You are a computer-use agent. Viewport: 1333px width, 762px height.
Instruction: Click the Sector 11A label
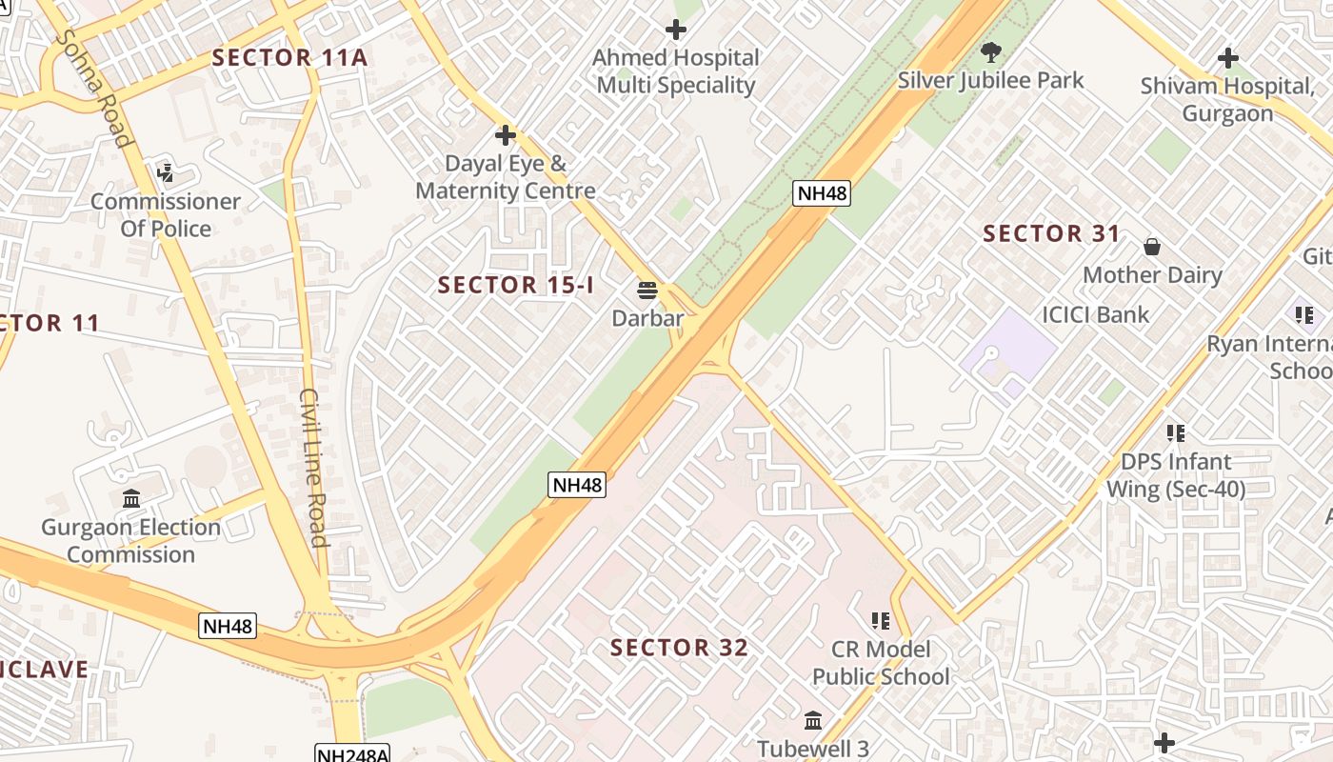[289, 57]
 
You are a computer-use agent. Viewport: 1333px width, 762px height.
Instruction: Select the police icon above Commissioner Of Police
[166, 173]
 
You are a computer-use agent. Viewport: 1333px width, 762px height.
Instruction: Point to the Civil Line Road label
[313, 467]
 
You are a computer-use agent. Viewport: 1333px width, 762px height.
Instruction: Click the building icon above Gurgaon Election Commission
[131, 498]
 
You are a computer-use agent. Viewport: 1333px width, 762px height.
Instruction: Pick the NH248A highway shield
[352, 754]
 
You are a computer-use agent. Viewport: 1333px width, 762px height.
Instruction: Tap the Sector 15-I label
[515, 284]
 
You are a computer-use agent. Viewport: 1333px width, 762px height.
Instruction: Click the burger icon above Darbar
[648, 290]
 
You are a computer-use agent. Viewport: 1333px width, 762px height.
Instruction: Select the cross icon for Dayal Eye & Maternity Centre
[506, 135]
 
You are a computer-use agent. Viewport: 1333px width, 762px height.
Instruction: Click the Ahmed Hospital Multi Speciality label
[675, 71]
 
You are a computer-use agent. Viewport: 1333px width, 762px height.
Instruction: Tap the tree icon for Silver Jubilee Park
[991, 51]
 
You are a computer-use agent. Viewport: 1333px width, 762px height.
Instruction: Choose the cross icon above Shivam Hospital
[1228, 58]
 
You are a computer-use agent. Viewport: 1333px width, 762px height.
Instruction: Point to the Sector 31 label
[1051, 233]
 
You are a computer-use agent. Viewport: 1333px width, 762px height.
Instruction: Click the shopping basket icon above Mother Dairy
[1152, 248]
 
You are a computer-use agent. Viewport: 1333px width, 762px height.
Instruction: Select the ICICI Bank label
[1095, 314]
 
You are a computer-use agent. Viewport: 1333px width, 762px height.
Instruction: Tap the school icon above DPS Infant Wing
[1176, 433]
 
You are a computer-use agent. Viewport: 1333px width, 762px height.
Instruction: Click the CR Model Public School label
[881, 663]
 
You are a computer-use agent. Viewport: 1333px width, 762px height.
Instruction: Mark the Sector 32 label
[679, 648]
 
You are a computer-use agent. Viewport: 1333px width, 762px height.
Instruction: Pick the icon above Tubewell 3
[813, 720]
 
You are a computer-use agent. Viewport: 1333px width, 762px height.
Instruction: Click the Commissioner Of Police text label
[166, 215]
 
